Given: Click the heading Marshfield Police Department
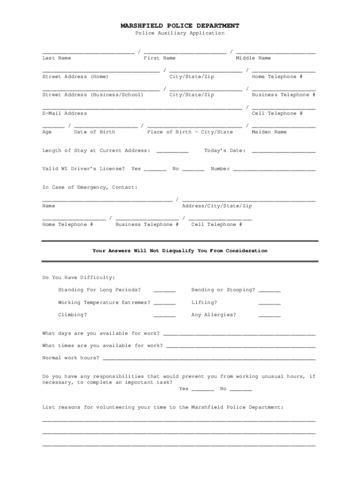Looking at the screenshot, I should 180,26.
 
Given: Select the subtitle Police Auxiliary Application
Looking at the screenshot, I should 180,33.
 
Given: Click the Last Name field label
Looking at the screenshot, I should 57,58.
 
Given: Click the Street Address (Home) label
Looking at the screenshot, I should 75,77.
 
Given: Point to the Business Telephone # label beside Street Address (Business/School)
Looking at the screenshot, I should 283,95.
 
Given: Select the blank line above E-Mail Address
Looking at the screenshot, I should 142,108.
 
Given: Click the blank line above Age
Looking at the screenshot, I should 53,126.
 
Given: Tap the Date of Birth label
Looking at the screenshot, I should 94,132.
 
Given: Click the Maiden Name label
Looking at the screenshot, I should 269,132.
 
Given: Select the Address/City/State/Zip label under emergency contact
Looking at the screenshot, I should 217,206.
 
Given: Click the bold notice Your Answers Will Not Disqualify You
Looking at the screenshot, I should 180,251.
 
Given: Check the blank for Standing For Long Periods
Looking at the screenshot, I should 164,291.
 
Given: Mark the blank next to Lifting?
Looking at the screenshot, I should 269,304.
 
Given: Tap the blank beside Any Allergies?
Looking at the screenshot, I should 269,317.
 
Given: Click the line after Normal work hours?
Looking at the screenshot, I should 209,359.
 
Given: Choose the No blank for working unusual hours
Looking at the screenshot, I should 241,390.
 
